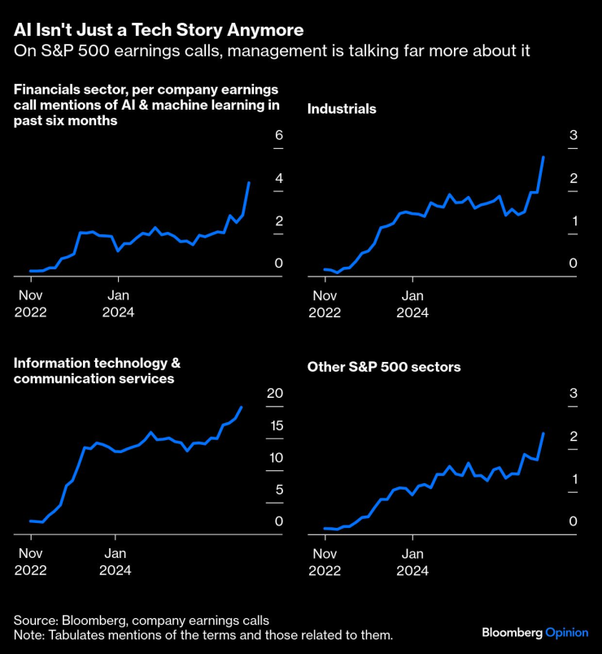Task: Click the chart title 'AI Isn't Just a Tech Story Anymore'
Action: coord(159,30)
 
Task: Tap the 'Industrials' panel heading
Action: coord(341,107)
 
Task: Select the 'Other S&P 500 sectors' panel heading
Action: coord(384,368)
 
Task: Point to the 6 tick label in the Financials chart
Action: coord(279,136)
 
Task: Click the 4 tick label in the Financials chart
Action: coord(279,178)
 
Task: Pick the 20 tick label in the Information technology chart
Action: coord(275,394)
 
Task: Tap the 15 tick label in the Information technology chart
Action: coord(275,425)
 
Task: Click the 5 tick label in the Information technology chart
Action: coord(279,490)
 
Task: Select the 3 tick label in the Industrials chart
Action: coord(574,136)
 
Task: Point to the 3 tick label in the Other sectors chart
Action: coord(574,394)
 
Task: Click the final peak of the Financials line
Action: coord(249,183)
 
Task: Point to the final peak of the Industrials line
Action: coord(543,157)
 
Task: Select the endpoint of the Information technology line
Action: coord(242,407)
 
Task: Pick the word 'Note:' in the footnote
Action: coord(28,634)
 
